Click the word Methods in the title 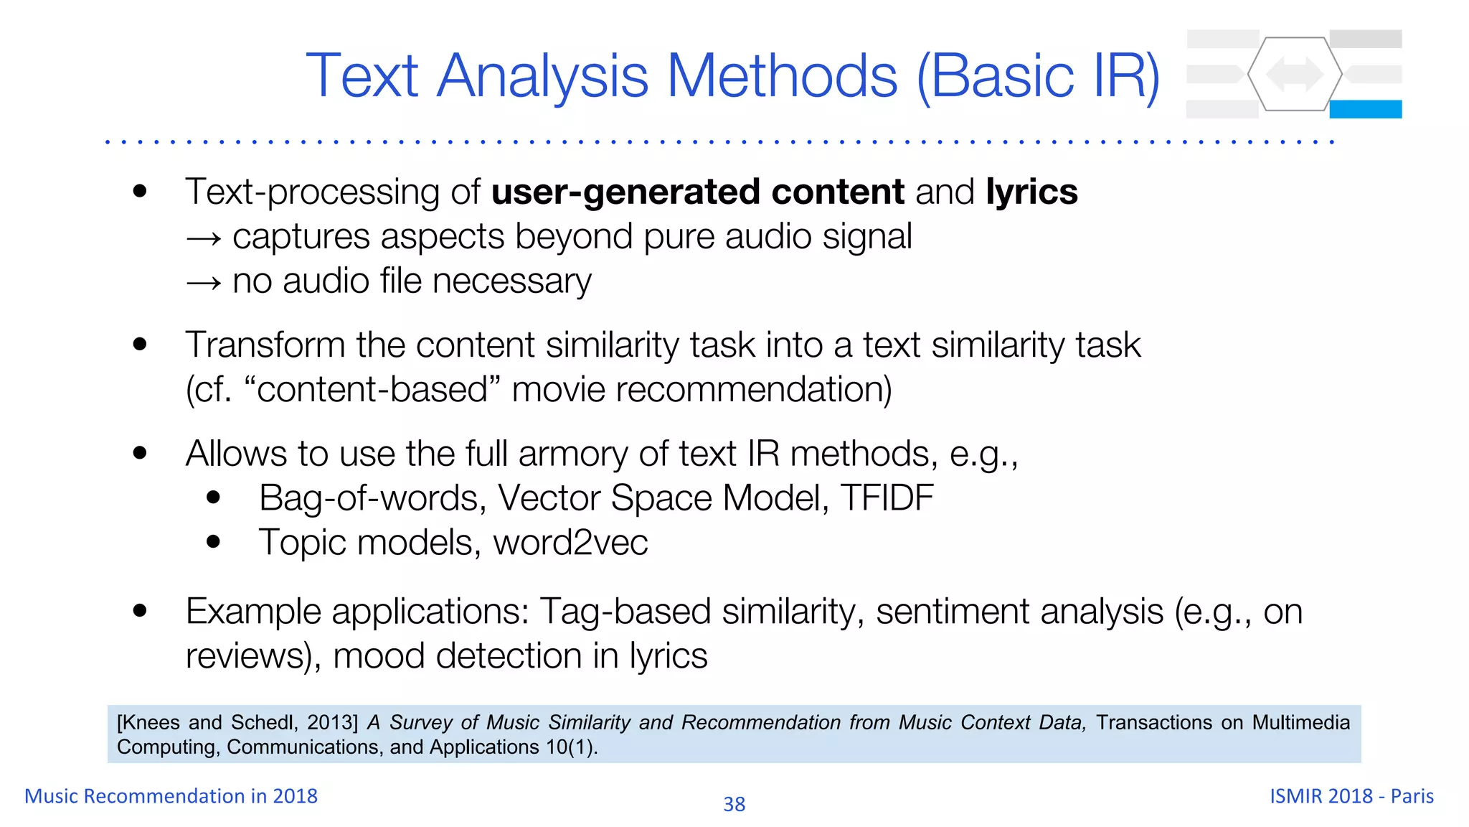click(782, 76)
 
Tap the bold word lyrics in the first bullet click(1031, 192)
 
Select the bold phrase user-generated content click(697, 192)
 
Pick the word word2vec click(570, 543)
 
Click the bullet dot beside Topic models click(213, 542)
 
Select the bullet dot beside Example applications click(140, 611)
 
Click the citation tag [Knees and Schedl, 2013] click(237, 722)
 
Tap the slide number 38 click(734, 804)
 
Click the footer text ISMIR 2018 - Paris click(1351, 796)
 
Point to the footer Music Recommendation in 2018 click(171, 796)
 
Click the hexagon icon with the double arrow click(1295, 74)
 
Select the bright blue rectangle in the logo click(1365, 109)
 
